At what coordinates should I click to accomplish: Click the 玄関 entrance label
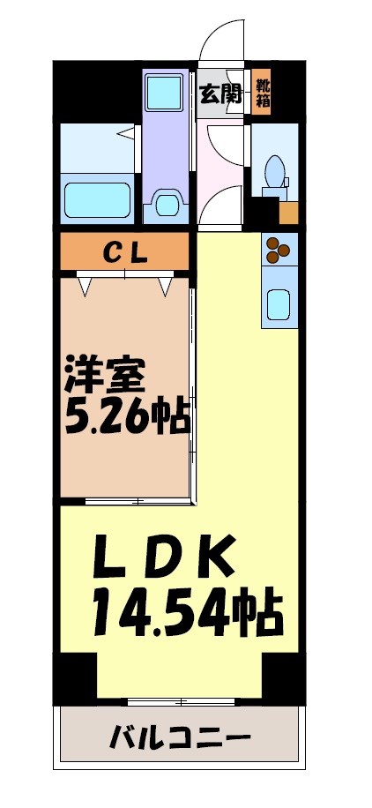coord(219,94)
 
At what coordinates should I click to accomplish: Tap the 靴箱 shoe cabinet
coord(263,93)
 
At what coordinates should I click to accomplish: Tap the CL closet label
coord(124,251)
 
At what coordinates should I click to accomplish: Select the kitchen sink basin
coord(280,304)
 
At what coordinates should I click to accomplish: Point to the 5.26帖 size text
coord(128,416)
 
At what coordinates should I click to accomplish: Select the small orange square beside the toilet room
coord(288,213)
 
